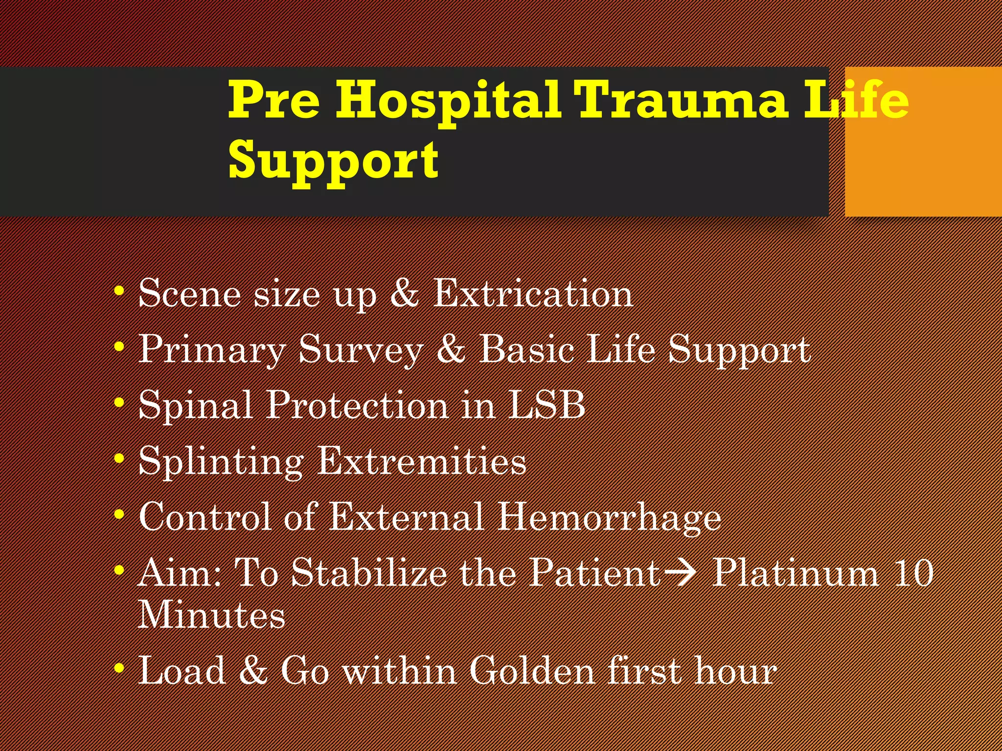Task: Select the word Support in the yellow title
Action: (x=333, y=160)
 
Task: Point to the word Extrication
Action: (x=533, y=293)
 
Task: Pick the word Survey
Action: (x=361, y=349)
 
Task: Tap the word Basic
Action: (x=526, y=349)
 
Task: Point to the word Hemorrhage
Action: (x=609, y=517)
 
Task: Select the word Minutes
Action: (x=211, y=615)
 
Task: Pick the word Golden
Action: (x=532, y=670)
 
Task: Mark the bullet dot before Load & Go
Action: (x=119, y=668)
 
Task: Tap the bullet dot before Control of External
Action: (x=119, y=515)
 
